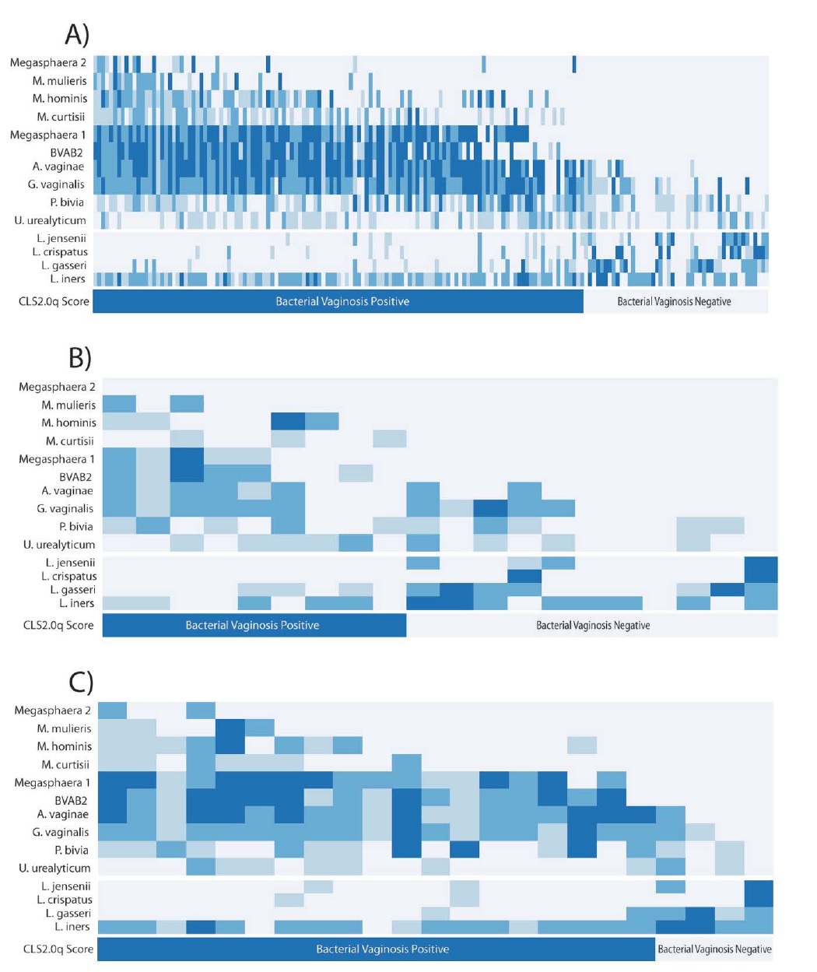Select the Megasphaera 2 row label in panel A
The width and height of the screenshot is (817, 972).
[48, 63]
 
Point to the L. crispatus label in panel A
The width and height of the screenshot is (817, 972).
[60, 252]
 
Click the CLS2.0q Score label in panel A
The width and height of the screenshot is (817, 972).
[54, 301]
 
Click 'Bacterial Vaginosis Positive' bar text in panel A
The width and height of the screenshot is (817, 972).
[342, 301]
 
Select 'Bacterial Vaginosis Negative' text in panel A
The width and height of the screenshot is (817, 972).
[674, 301]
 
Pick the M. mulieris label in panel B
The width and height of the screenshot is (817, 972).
[68, 405]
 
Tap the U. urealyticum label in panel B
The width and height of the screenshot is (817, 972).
[59, 545]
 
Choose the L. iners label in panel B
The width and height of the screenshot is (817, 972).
[77, 603]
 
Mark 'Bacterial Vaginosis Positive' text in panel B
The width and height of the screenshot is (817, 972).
[252, 625]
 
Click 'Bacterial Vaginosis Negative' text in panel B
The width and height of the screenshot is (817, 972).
[593, 625]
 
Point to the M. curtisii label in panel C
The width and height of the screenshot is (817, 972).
[65, 764]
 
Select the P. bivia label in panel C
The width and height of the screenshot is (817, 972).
[72, 850]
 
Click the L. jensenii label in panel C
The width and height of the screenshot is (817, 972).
[65, 886]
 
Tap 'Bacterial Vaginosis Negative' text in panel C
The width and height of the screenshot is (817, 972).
[714, 949]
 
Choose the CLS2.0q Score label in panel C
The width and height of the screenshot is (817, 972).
[58, 949]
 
